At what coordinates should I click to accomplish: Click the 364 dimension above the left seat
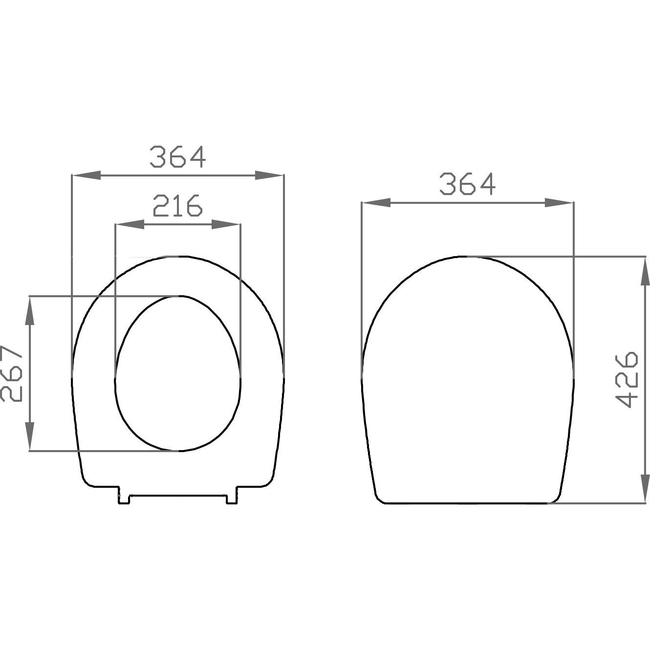click(x=178, y=156)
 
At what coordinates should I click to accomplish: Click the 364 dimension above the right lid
click(x=468, y=184)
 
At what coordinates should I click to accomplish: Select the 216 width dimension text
click(x=177, y=205)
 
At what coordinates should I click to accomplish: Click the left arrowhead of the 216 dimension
click(x=130, y=224)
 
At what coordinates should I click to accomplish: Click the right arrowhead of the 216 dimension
click(x=226, y=224)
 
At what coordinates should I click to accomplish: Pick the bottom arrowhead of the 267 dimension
click(x=30, y=436)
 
